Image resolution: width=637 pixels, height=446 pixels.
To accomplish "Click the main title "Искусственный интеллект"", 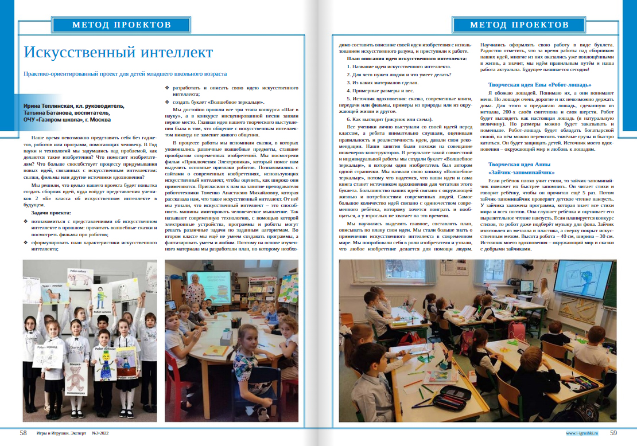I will click(118, 53).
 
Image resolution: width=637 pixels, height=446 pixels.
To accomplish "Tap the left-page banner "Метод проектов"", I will click(122, 25).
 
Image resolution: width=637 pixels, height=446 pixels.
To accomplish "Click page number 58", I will click(23, 433).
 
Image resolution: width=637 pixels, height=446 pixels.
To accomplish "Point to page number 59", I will click(613, 433).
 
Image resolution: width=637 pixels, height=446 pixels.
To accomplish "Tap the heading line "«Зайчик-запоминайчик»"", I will click(521, 171).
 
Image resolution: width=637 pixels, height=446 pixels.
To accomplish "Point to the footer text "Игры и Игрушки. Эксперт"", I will click(61, 433).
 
